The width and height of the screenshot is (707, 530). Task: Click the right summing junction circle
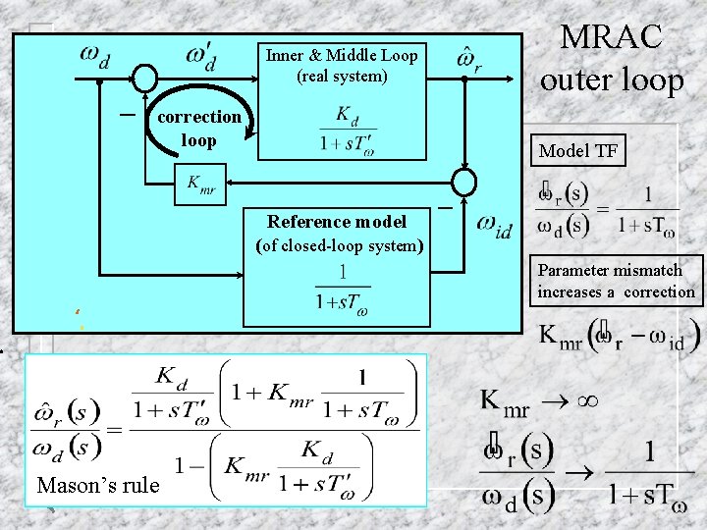tap(463, 183)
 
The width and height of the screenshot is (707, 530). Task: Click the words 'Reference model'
tap(337, 221)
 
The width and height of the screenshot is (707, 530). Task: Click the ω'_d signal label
tap(201, 56)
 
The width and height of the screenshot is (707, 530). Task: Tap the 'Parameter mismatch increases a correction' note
tap(616, 281)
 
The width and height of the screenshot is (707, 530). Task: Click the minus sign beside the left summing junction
tap(126, 113)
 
